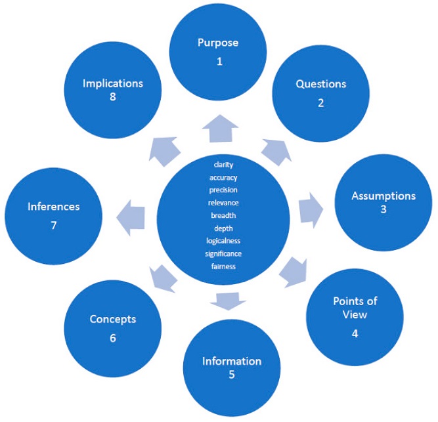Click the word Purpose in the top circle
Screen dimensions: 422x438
tap(217, 43)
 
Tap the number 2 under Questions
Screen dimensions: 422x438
tap(320, 102)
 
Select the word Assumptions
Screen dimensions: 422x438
tap(383, 196)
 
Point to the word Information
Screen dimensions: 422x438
tap(231, 361)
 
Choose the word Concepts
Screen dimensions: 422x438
tap(113, 319)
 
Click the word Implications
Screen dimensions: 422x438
tap(113, 83)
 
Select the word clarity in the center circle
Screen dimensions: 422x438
tap(223, 164)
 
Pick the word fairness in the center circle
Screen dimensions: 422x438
tap(223, 266)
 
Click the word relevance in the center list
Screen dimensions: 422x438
tap(223, 202)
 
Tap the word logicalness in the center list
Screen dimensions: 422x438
tap(223, 241)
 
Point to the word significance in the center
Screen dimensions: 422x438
tap(223, 253)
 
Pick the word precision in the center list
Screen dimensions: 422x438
tap(223, 190)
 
